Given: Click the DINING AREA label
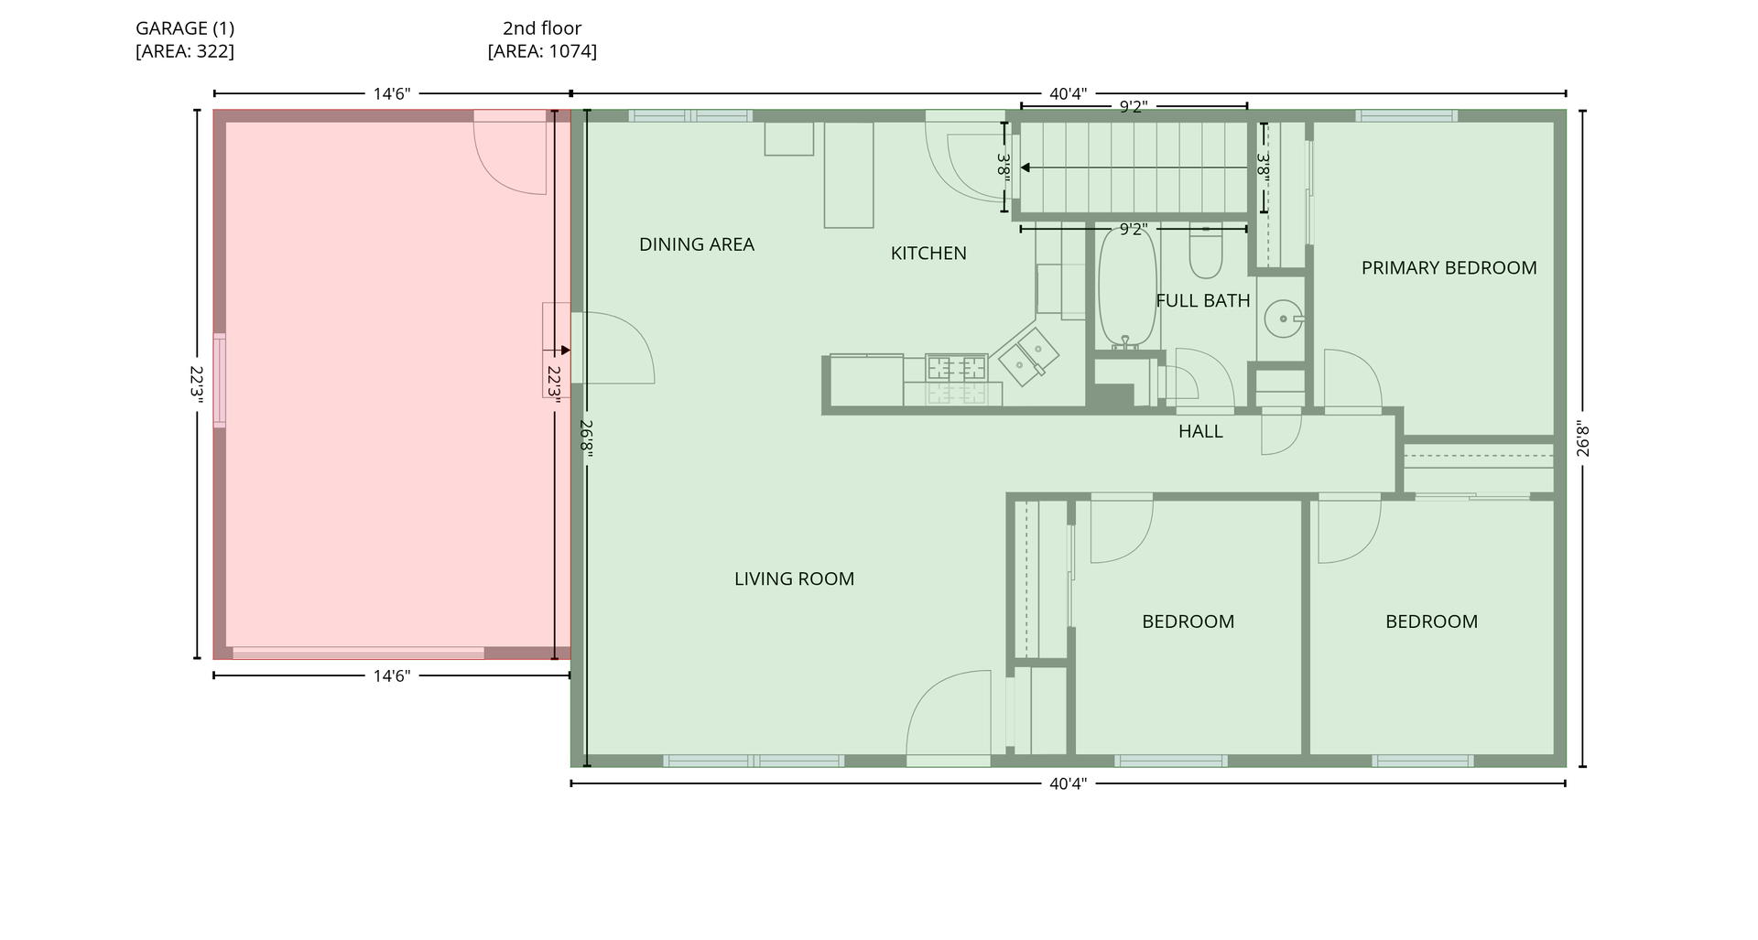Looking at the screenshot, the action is pos(697,244).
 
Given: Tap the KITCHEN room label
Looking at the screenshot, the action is pos(928,254).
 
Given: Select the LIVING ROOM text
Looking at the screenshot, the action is pos(794,578).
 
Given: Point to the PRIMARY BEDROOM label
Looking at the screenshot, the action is pos(1449,268).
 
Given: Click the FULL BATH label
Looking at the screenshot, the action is pos(1203,300).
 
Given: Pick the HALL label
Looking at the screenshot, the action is pos(1200,431).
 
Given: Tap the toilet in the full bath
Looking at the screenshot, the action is pos(1206,250).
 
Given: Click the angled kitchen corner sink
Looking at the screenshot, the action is pos(1028,352).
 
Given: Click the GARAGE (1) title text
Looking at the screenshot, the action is pos(185,28).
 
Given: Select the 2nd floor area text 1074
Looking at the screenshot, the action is pos(569,51).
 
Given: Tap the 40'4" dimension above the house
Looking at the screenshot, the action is pos(1068,93).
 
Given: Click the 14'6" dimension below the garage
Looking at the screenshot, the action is pos(392,675).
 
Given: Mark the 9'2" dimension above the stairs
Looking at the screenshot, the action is pos(1134,106).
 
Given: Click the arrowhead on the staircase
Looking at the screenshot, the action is pos(1025,167).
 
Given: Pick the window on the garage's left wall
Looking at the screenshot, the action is pos(220,381).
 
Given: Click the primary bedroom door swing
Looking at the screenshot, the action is pos(1352,379).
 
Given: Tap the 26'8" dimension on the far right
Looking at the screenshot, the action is pos(1583,438).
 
